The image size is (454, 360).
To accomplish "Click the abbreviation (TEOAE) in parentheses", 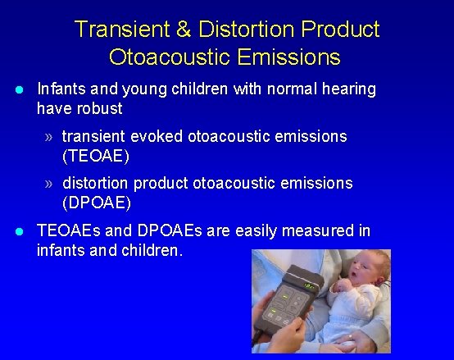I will (96, 155).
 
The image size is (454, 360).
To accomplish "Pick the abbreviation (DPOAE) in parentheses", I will (97, 202).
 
